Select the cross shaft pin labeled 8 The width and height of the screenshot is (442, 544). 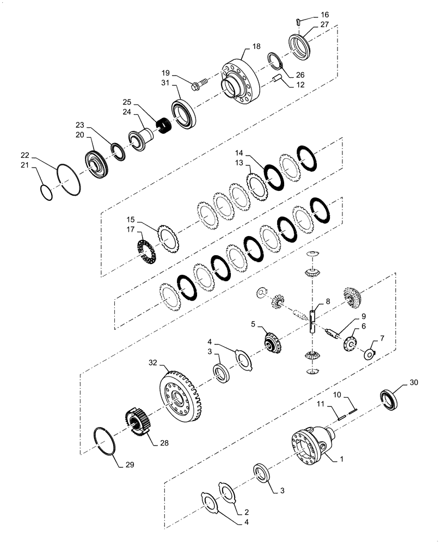[312, 321]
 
